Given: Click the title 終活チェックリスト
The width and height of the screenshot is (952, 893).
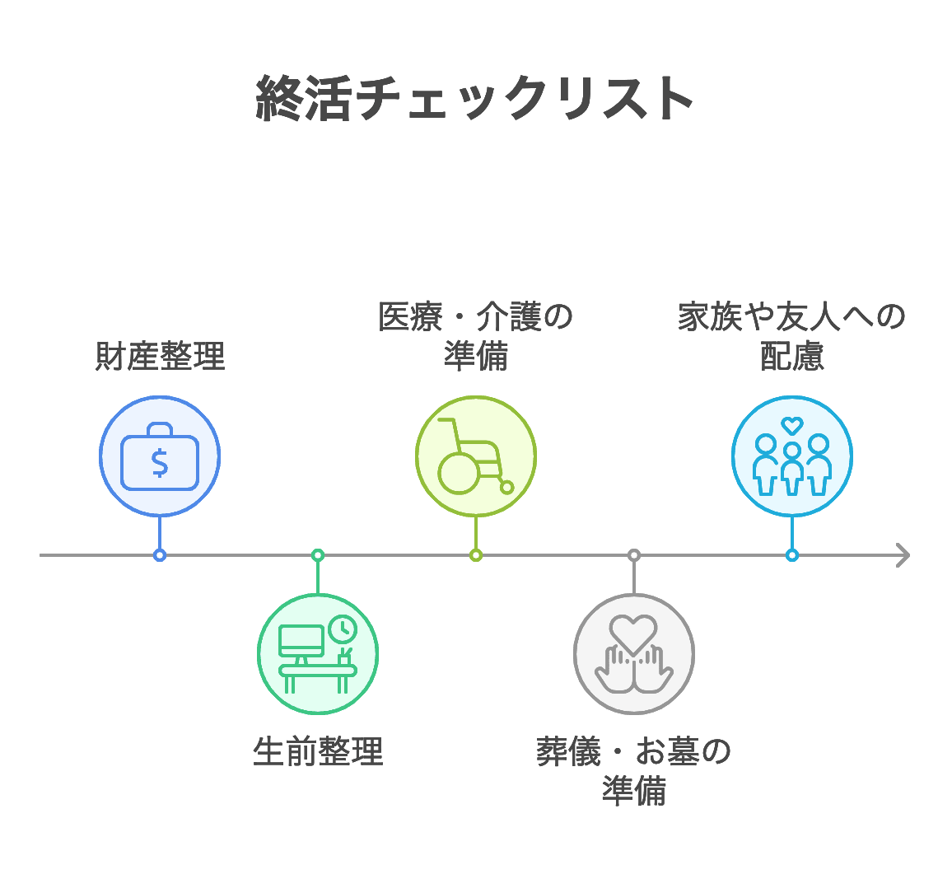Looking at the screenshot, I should point(475,99).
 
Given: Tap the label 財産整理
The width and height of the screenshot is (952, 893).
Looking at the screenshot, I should point(160,357).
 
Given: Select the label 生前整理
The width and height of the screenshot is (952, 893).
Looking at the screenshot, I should point(318,751).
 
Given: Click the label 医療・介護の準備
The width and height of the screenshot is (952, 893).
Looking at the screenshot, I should point(475,337).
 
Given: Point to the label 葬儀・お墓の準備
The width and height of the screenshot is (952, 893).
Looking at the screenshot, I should point(633,771).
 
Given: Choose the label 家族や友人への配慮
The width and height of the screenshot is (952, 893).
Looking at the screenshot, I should point(791,337).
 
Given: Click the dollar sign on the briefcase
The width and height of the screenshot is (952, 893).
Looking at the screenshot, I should point(160,463).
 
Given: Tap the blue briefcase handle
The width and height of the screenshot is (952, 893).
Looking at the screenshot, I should point(160,428).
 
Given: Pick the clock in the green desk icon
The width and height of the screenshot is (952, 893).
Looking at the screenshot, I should point(342,629).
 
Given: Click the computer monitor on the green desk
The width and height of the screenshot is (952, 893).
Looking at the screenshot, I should point(301,641).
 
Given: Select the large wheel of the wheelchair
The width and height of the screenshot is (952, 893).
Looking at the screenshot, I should point(459,474).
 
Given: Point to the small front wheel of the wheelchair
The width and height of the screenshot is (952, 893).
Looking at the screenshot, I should point(507,488).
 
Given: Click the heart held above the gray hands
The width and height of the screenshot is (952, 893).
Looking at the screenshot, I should point(633,633).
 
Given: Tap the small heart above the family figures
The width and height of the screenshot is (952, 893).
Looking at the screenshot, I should point(791,426).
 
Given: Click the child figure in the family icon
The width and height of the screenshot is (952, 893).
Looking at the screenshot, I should point(791,470).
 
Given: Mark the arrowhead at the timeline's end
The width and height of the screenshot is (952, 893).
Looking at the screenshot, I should point(903,555).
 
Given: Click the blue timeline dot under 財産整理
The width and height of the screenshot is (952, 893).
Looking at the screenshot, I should point(160,555).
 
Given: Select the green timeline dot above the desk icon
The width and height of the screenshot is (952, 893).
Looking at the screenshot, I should point(318,555).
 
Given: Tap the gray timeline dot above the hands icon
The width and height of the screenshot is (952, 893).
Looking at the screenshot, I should point(633,555).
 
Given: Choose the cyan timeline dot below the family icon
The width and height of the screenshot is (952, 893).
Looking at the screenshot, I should point(791,555).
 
